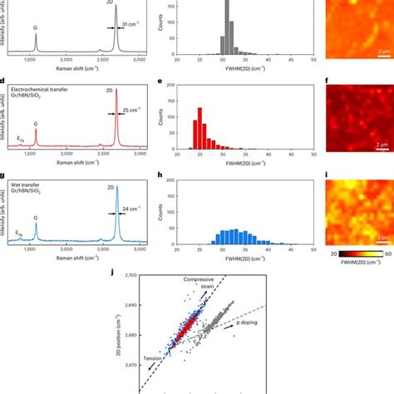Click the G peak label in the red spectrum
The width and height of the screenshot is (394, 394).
pyautogui.click(x=36, y=127)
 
